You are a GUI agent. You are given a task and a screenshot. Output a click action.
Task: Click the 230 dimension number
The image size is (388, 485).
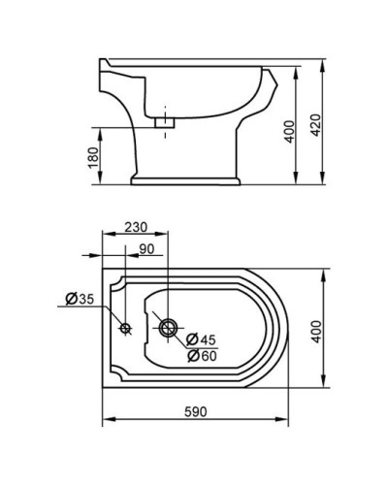pyautogui.click(x=135, y=227)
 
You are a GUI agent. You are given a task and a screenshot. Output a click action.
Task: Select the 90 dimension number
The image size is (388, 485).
pyautogui.click(x=146, y=249)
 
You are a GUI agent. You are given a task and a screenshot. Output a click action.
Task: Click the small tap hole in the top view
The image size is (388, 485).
pyautogui.click(x=124, y=328)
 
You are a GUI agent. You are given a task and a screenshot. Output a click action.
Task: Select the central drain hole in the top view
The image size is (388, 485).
pyautogui.click(x=168, y=328)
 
